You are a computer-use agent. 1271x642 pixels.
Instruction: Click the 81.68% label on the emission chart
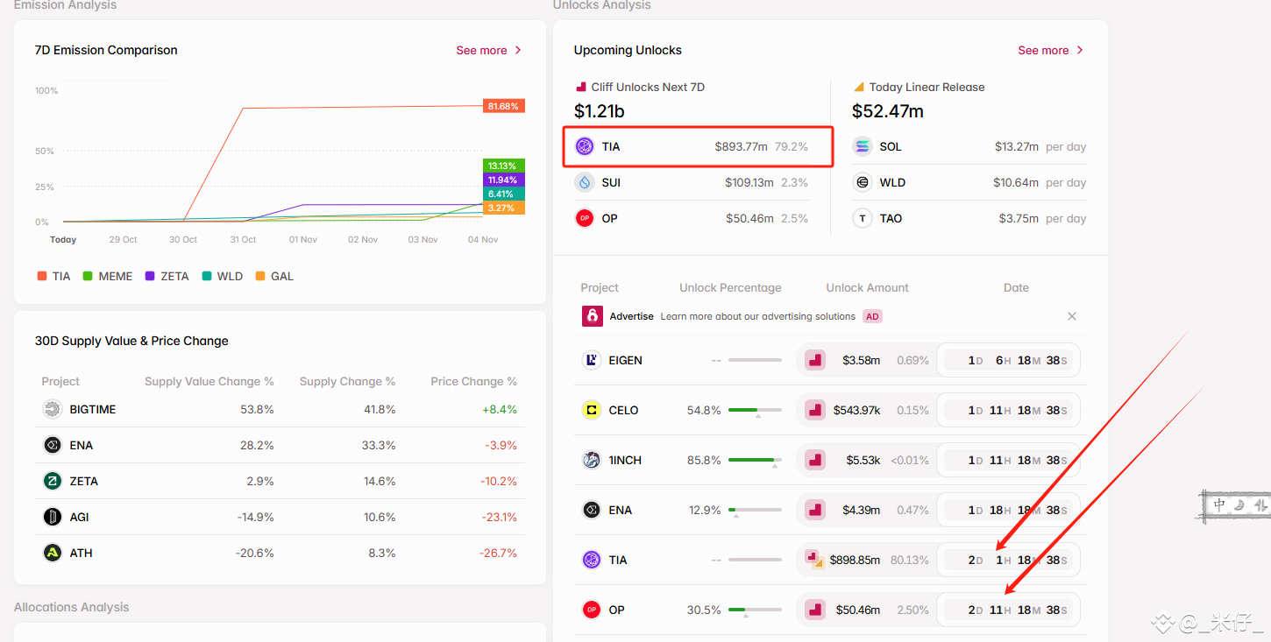click(x=503, y=106)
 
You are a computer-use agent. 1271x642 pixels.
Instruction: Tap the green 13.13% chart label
click(x=503, y=166)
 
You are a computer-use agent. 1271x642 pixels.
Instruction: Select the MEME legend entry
click(x=108, y=276)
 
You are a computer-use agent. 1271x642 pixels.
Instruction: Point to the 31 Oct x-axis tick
click(x=243, y=239)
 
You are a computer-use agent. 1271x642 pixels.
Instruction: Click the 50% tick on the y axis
click(x=44, y=151)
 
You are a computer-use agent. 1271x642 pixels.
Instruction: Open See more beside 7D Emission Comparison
click(x=488, y=51)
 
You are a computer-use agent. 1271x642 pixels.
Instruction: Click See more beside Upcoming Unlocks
click(x=1050, y=51)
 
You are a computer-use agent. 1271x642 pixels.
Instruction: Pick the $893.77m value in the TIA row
click(x=741, y=147)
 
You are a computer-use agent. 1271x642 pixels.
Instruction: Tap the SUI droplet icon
click(x=585, y=183)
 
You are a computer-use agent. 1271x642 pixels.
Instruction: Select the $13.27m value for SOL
click(x=1016, y=147)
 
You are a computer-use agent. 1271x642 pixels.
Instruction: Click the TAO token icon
click(x=863, y=218)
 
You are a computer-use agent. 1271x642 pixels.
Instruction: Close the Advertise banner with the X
click(x=1072, y=316)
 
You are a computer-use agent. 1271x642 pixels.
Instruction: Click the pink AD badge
click(x=873, y=316)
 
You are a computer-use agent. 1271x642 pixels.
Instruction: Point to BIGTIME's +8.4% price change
click(x=500, y=410)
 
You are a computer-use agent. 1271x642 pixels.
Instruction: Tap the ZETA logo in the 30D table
click(x=53, y=481)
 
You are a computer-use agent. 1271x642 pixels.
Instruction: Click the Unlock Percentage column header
click(x=730, y=287)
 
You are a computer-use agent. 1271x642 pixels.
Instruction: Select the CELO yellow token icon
click(x=592, y=410)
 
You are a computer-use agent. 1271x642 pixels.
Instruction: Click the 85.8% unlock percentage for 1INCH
click(x=704, y=460)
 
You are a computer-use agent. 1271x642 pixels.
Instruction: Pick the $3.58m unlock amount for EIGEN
click(x=861, y=360)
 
